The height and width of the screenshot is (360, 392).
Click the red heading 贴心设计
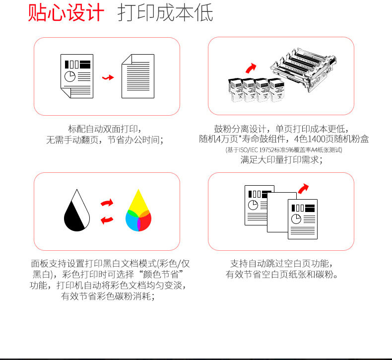pyautogui.click(x=66, y=12)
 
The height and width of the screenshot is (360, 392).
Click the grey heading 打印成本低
pyautogui.click(x=165, y=12)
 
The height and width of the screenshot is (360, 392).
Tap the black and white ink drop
pyautogui.click(x=77, y=210)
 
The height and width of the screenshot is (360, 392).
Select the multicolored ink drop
pyautogui.click(x=138, y=210)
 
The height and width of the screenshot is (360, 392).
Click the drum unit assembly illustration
pyautogui.click(x=304, y=69)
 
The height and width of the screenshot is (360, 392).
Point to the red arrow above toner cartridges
pyautogui.click(x=251, y=68)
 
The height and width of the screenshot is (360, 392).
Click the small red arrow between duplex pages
pyautogui.click(x=108, y=77)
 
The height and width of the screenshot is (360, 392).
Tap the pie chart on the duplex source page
pyautogui.click(x=70, y=76)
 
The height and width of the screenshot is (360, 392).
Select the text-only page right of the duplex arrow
pyautogui.click(x=138, y=76)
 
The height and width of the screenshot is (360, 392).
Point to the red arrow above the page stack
pyautogui.click(x=303, y=189)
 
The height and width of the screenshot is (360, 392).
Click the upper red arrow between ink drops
pyautogui.click(x=107, y=203)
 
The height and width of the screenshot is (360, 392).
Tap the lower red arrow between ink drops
pyautogui.click(x=107, y=220)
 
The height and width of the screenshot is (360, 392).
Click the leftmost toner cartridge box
pyautogui.click(x=235, y=90)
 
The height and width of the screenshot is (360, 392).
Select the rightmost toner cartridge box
pyautogui.click(x=276, y=90)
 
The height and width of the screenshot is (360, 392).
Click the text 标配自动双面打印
pyautogui.click(x=103, y=129)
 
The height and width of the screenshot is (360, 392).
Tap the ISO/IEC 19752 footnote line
pyautogui.click(x=284, y=150)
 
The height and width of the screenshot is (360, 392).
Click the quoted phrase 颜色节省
pyautogui.click(x=161, y=275)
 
